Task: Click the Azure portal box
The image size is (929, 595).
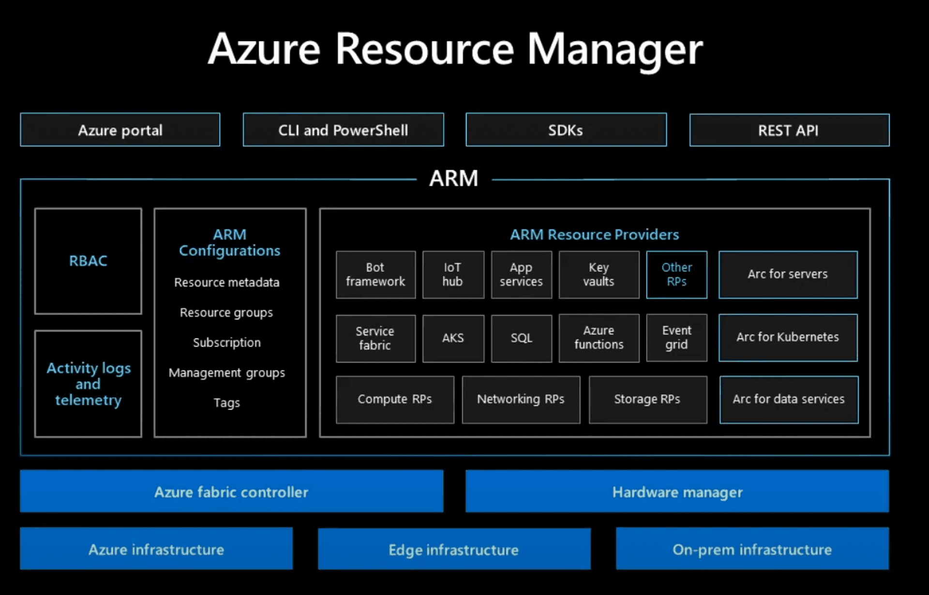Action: point(120,130)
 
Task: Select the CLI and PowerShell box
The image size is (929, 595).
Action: point(343,130)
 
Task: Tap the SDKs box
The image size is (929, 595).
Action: point(566,130)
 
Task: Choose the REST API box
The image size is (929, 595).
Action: point(789,130)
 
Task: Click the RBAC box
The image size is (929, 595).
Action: point(88,261)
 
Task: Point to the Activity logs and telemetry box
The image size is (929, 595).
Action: point(88,384)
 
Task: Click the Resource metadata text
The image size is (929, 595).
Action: point(226,283)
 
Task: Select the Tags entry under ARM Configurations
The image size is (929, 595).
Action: point(226,402)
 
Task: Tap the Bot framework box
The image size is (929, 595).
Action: point(375,274)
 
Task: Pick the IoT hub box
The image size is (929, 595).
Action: point(453,274)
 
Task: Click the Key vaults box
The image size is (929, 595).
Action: point(599,274)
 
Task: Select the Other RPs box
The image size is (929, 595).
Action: point(676,274)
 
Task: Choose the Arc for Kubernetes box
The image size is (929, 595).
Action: point(788,337)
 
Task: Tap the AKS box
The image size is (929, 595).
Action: point(453,338)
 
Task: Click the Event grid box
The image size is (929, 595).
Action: point(676,338)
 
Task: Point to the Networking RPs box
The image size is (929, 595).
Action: point(521,400)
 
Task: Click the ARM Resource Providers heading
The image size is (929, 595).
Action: point(594,235)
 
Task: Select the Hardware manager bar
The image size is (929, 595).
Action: point(677,491)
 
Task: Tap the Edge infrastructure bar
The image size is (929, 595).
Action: point(454,549)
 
